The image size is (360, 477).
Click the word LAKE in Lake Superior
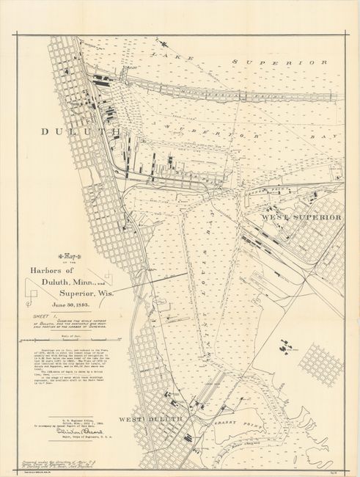click(162, 54)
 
